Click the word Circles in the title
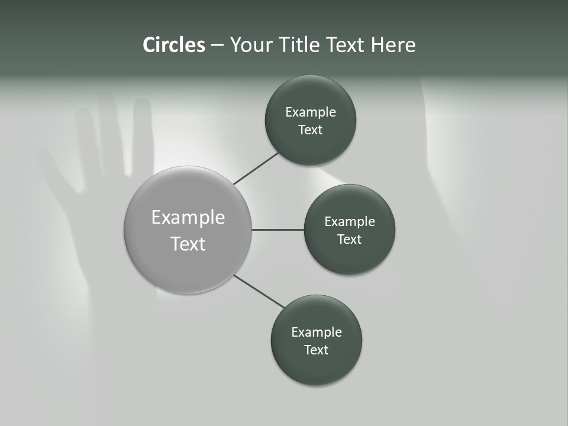(173, 45)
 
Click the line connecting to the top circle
(256, 168)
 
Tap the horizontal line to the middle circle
(277, 230)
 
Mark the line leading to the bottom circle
(259, 292)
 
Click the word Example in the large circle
(188, 218)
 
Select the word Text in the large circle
(188, 244)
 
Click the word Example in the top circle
(311, 112)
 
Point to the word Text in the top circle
(310, 130)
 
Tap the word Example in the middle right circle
(350, 222)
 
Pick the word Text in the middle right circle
(349, 240)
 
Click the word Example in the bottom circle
(317, 333)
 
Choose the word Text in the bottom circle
(316, 350)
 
